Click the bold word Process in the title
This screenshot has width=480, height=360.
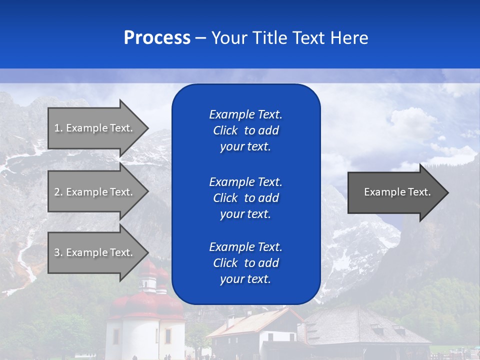click(157, 38)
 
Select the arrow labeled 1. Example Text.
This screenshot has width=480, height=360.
click(95, 128)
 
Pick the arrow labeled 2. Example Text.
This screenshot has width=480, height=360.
click(95, 192)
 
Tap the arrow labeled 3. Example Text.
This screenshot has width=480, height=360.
click(95, 252)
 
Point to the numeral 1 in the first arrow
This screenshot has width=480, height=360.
click(57, 128)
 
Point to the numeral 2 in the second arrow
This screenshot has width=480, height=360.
click(57, 192)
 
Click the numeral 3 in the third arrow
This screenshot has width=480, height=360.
click(57, 252)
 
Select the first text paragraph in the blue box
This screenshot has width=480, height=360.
click(245, 130)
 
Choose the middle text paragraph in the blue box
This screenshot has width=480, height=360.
click(245, 198)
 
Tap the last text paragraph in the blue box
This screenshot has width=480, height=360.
click(245, 263)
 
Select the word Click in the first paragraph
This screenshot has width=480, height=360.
click(225, 131)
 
